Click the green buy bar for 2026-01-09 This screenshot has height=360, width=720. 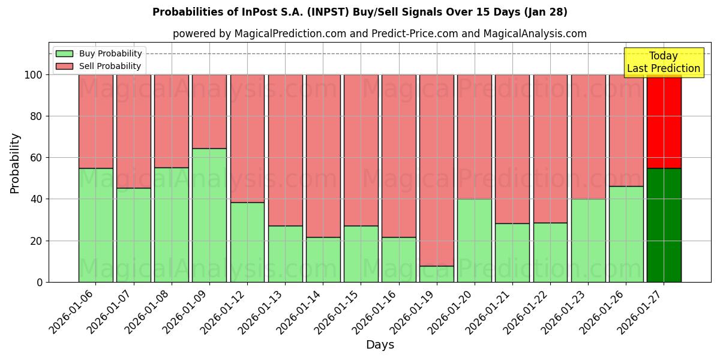(x=209, y=215)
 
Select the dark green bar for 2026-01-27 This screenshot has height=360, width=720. (x=664, y=225)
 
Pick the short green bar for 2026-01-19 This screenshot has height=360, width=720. (x=437, y=274)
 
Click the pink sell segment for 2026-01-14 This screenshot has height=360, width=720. (x=323, y=156)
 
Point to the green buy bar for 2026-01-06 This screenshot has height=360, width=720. (x=96, y=225)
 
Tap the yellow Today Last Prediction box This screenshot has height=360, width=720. (x=664, y=62)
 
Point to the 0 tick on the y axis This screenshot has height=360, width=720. (x=40, y=282)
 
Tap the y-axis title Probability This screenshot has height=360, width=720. (x=15, y=163)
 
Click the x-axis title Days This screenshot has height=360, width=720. (x=380, y=345)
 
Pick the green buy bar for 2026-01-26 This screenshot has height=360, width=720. (x=626, y=234)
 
